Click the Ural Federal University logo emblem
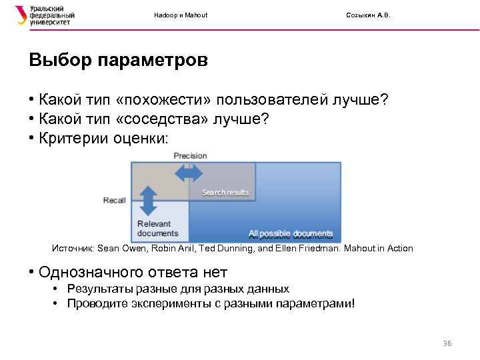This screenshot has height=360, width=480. (21, 15)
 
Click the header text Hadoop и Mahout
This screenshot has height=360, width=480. (181, 15)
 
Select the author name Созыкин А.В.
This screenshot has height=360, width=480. (369, 15)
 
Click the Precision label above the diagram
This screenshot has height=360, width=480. (190, 156)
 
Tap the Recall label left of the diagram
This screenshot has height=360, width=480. (114, 201)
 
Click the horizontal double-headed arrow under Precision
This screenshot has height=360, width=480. (189, 173)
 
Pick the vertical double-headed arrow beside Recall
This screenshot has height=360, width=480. (148, 199)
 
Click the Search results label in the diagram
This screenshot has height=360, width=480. (225, 193)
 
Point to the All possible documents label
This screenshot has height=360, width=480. (291, 234)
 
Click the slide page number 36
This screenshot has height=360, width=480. (447, 343)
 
